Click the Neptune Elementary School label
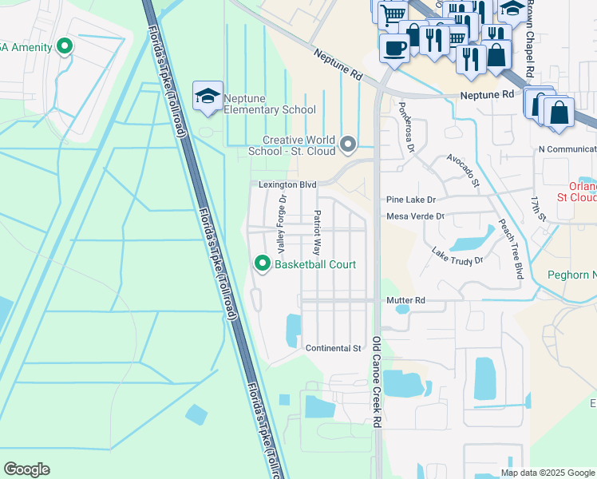(270, 104)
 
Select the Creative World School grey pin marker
(348, 144)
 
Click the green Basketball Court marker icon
(261, 263)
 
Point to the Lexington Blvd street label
(287, 184)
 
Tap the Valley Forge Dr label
(281, 226)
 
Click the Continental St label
(334, 349)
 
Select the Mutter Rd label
(405, 300)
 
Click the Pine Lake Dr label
(411, 200)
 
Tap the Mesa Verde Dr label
(415, 216)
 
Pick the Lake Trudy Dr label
(457, 255)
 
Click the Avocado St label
(463, 169)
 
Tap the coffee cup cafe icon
(394, 47)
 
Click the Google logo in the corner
(26, 469)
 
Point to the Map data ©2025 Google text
(547, 473)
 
